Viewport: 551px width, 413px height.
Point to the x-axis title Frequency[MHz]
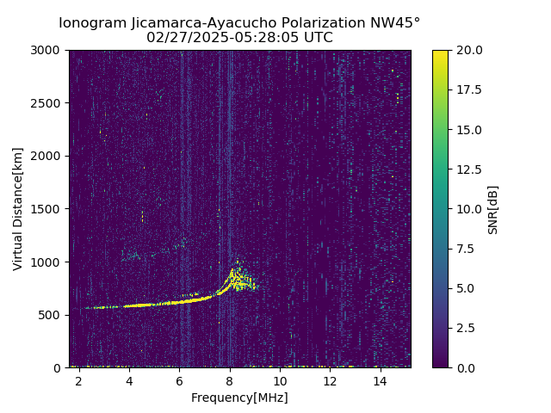239,398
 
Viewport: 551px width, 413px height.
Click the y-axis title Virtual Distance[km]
18,208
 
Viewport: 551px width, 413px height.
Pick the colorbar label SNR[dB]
493,209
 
